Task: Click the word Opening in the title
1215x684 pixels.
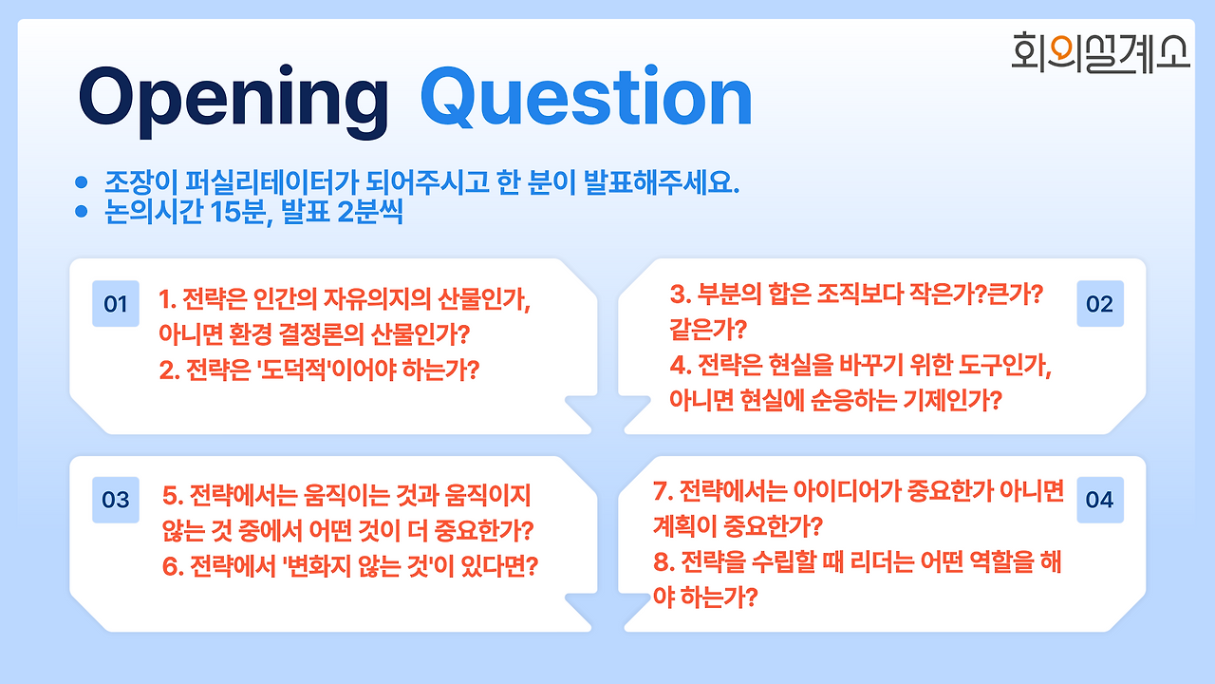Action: [234, 101]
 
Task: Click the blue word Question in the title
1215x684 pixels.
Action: [587, 97]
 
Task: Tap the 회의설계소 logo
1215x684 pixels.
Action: [1100, 52]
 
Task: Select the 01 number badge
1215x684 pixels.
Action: [116, 303]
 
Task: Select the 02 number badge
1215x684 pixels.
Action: [1100, 303]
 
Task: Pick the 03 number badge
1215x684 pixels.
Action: [116, 500]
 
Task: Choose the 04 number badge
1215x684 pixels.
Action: [1100, 500]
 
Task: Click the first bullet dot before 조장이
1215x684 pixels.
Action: [82, 182]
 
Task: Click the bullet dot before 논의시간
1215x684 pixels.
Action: [82, 211]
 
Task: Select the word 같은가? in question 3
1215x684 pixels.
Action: [708, 329]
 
